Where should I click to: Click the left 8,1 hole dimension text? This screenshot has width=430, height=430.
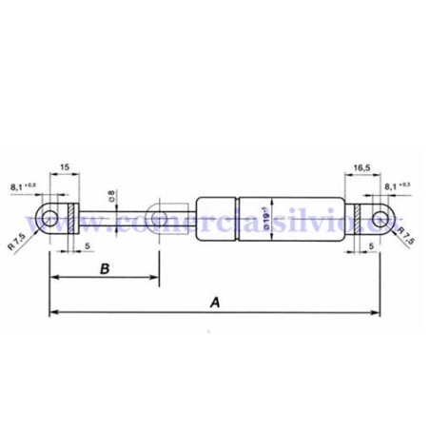click(24, 186)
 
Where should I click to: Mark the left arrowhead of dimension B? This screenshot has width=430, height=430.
click(52, 277)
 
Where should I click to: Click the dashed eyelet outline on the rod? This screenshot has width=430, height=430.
click(160, 219)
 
